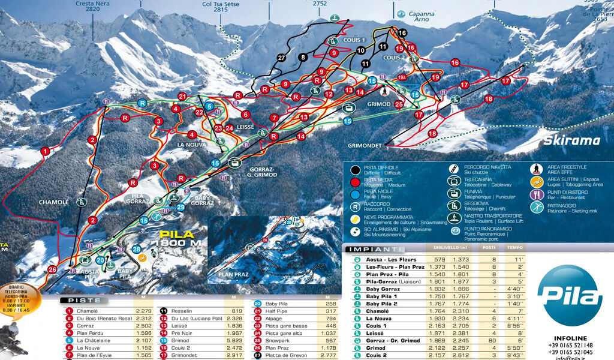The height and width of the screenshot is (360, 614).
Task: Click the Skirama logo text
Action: [571, 141]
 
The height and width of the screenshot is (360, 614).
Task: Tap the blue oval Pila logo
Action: [570, 295]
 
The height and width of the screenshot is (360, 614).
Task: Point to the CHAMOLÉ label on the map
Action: [54, 202]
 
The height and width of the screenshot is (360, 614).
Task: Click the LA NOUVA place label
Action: [191, 145]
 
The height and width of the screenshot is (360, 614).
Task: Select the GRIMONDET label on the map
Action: [365, 146]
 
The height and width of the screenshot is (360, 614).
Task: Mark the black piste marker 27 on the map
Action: [282, 58]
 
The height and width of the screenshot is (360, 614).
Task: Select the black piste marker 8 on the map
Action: [303, 58]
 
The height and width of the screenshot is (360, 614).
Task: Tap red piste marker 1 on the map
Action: [45, 152]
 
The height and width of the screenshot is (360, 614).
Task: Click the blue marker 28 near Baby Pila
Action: [137, 249]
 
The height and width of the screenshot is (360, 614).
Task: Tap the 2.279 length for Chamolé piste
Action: [144, 311]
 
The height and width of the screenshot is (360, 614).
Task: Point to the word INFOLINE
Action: [570, 338]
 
